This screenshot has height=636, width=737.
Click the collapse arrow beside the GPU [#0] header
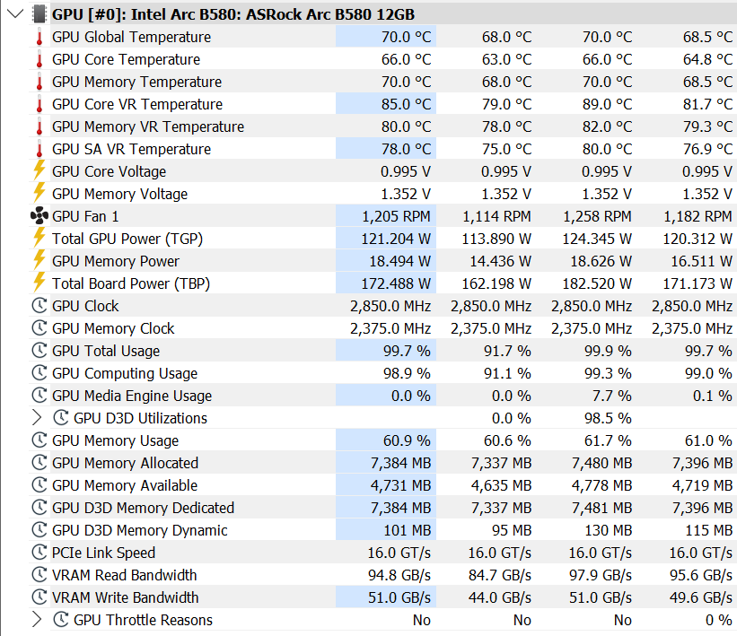[15, 13]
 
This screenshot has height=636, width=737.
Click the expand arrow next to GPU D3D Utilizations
[37, 418]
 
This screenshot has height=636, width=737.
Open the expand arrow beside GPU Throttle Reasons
[37, 620]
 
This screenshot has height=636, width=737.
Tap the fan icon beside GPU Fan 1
[39, 216]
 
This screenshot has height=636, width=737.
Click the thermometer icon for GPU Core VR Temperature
[39, 104]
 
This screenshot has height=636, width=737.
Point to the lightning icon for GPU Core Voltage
[39, 170]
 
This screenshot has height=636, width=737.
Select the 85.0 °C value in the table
[406, 104]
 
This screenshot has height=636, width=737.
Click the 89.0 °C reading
[607, 104]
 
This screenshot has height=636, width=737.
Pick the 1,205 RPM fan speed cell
[396, 216]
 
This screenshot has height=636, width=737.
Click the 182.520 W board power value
[597, 283]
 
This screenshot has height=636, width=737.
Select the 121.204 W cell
[396, 240]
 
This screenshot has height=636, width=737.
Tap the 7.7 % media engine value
[611, 396]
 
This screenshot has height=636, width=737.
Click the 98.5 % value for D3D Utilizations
[608, 418]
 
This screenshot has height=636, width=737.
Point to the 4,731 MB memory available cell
[400, 485]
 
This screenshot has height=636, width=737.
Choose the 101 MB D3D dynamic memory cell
[407, 530]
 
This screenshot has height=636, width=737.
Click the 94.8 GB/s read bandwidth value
[399, 575]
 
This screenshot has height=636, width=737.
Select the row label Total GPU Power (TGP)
[127, 240]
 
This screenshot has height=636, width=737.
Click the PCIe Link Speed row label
[103, 553]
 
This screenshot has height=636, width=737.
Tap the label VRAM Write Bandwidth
[125, 597]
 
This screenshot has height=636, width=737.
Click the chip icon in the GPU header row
[39, 14]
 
